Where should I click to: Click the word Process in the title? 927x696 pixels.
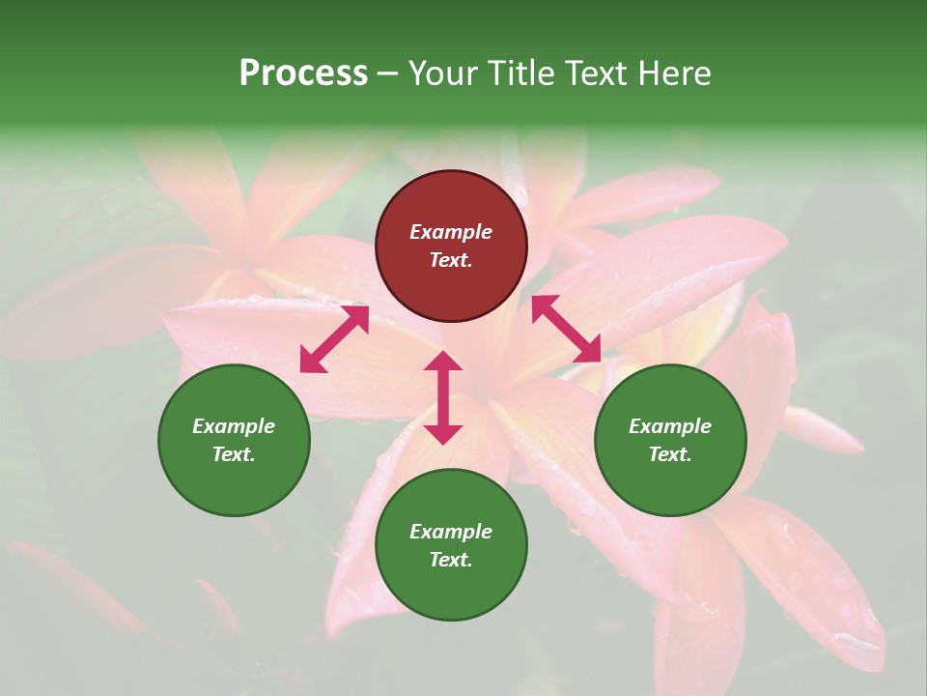point(303,73)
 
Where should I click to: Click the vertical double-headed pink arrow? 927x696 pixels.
point(443,397)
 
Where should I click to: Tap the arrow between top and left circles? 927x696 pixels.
point(334,338)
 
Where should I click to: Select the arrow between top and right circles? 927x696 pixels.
point(567,329)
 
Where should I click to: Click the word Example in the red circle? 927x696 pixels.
point(451,232)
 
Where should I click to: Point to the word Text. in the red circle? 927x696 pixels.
point(451,260)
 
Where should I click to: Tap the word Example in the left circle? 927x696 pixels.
point(234,426)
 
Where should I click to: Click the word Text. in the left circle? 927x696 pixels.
point(234,454)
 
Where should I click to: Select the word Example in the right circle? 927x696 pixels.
point(670,426)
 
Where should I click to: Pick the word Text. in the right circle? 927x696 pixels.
point(670,454)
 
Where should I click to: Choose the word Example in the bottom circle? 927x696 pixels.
point(451,532)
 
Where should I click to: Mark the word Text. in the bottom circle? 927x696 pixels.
point(451,560)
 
